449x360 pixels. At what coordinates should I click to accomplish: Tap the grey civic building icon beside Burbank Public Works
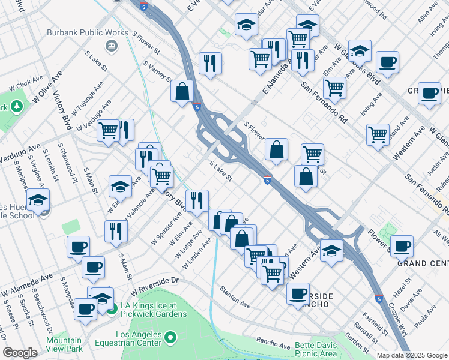pyautogui.click(x=111, y=46)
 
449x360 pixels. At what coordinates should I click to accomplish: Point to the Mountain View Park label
pyautogui.click(x=64, y=344)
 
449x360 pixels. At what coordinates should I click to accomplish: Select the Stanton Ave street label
pyautogui.click(x=235, y=296)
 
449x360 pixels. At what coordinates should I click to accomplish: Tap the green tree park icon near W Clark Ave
pyautogui.click(x=16, y=107)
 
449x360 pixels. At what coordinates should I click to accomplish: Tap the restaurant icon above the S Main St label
pyautogui.click(x=116, y=230)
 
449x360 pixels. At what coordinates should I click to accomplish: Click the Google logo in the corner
pyautogui.click(x=20, y=353)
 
